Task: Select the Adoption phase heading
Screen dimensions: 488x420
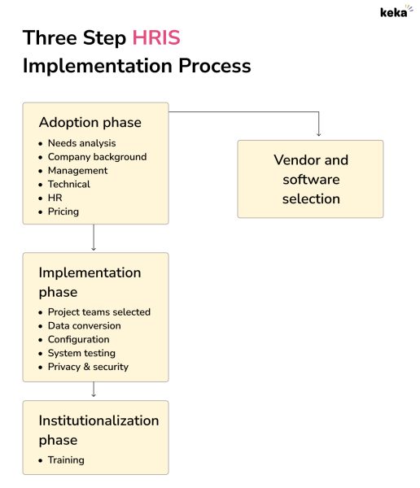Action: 90,123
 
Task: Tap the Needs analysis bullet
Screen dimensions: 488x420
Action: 81,143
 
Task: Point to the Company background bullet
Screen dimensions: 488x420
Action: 97,157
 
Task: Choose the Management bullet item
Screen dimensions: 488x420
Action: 77,171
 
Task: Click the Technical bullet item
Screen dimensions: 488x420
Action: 68,185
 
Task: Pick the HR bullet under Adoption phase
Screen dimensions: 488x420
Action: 55,198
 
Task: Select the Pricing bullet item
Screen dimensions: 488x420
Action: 63,211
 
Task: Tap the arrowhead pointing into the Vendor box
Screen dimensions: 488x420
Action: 317,133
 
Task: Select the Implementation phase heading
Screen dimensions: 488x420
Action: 90,282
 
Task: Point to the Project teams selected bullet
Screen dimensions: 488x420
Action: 98,312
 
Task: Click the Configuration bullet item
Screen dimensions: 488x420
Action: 78,339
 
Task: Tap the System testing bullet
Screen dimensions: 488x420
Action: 81,353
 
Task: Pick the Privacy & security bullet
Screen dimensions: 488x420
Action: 88,367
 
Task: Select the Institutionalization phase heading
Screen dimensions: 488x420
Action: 98,430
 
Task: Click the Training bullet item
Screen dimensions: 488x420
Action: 65,460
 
